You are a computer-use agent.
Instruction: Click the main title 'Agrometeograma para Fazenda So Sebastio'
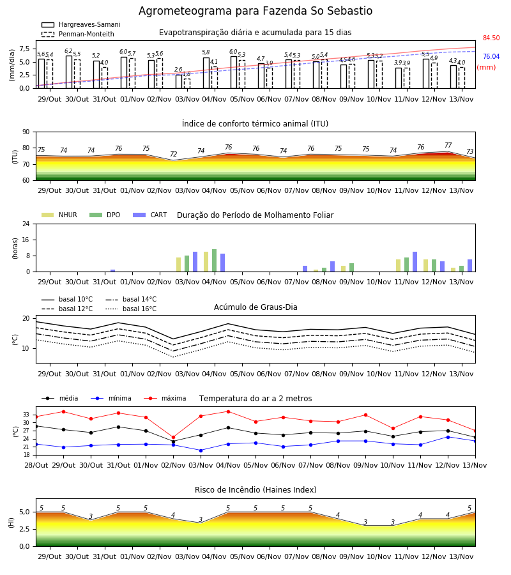point(256,11)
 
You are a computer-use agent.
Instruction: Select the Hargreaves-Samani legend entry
point(81,24)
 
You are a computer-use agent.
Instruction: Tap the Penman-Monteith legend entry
point(78,34)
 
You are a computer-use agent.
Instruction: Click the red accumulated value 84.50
point(491,38)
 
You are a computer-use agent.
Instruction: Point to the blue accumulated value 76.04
point(491,56)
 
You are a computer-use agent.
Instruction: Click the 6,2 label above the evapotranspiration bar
point(68,51)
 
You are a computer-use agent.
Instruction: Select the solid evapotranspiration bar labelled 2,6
point(179,81)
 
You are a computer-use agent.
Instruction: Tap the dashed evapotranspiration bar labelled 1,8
point(187,84)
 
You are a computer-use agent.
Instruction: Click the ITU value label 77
point(448,145)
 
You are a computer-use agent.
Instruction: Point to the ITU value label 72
point(173,154)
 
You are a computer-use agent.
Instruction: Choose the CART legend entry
point(150,215)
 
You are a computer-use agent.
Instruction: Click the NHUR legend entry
point(59,215)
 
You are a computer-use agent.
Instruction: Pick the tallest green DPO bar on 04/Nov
point(215,261)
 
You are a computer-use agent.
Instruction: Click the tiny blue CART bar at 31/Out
point(112,271)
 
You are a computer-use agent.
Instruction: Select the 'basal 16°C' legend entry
point(131,309)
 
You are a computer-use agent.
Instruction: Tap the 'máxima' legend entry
point(165,398)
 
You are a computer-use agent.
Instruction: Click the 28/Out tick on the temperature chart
point(36,465)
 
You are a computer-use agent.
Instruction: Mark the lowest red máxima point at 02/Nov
point(173,437)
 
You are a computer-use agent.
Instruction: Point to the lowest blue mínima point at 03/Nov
point(201,450)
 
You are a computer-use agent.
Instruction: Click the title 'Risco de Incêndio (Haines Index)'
point(256,490)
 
